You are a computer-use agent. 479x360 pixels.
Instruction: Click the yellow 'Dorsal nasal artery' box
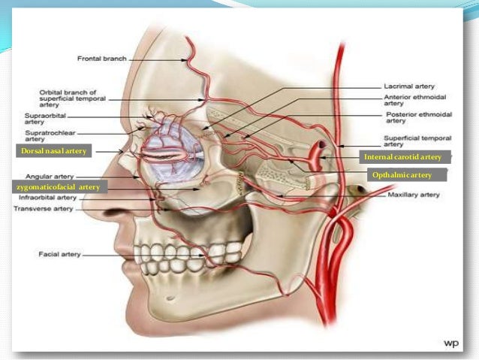coord(53,151)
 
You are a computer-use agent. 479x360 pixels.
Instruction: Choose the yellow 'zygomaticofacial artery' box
coord(58,186)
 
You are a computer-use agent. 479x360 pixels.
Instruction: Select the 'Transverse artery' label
coord(43,208)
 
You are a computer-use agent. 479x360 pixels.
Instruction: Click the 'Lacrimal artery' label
coord(408,87)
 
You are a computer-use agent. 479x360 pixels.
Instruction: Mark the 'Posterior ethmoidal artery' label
coord(414,119)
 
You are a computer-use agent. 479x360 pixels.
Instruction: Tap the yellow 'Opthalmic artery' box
coord(403,175)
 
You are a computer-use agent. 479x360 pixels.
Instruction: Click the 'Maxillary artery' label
coord(413,195)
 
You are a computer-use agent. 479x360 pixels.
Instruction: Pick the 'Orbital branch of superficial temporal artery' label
coord(75,98)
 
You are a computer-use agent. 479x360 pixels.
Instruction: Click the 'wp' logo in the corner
coord(450,342)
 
